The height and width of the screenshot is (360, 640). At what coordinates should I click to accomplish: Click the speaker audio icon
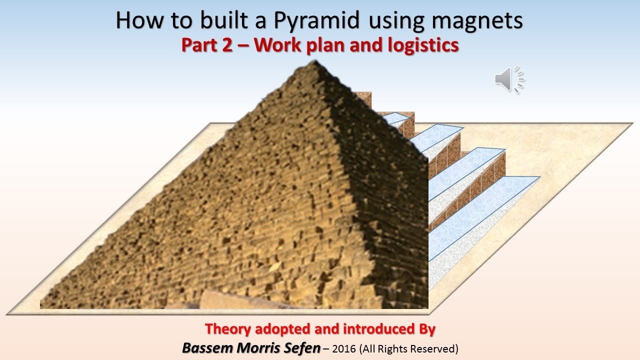(508, 79)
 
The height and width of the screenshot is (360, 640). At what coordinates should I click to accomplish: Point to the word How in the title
(134, 21)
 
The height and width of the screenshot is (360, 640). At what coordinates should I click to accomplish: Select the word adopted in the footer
(284, 329)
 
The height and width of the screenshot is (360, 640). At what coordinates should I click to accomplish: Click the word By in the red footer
(424, 329)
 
